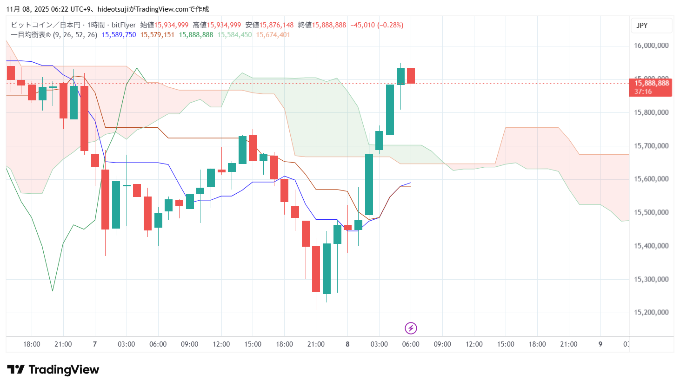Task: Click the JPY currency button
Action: [642, 26]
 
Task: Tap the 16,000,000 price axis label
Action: [651, 46]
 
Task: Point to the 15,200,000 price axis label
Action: [651, 312]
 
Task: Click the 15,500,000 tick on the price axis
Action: [651, 212]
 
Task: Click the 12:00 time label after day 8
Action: [474, 344]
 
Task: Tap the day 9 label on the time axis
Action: [600, 344]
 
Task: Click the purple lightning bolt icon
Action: [411, 328]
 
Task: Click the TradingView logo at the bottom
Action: [53, 370]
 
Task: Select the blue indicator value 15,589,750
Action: [119, 35]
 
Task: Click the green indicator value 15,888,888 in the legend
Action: [196, 35]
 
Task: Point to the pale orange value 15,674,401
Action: [273, 35]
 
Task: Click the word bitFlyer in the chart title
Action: [124, 25]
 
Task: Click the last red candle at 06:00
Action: [411, 76]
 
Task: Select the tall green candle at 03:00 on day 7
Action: [116, 204]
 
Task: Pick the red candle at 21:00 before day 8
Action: [316, 269]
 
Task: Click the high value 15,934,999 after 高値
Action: [224, 25]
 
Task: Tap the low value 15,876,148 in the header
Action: [276, 25]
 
